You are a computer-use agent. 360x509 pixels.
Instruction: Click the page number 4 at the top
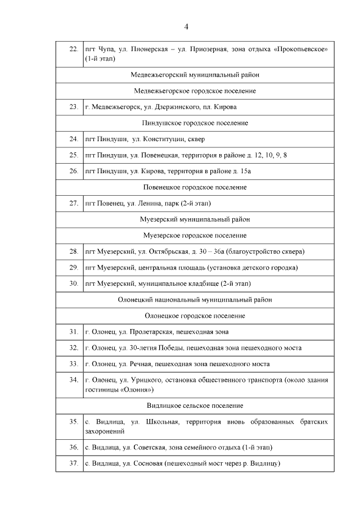coord(186,27)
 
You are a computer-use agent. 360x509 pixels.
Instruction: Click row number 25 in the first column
coord(73,154)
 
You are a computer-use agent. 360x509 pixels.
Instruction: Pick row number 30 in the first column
coord(73,283)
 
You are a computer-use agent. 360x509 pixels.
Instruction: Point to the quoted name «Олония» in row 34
coord(135,389)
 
